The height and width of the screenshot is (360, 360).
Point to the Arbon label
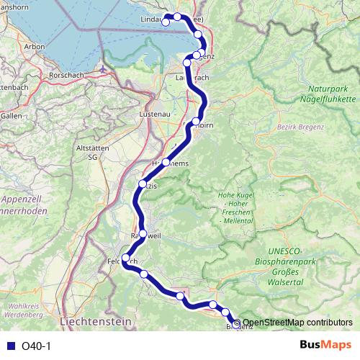[x=35, y=47]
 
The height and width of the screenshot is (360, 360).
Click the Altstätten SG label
[x=91, y=151]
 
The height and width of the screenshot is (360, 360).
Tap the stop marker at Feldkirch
[x=126, y=258]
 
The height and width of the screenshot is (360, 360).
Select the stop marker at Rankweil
[x=143, y=233]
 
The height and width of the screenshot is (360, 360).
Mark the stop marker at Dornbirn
[x=196, y=121]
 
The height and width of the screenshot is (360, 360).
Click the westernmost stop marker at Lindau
[x=166, y=22]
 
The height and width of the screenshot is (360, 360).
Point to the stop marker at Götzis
[x=143, y=184]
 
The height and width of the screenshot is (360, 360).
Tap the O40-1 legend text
[x=37, y=346]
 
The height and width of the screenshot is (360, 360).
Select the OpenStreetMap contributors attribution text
[x=297, y=323]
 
